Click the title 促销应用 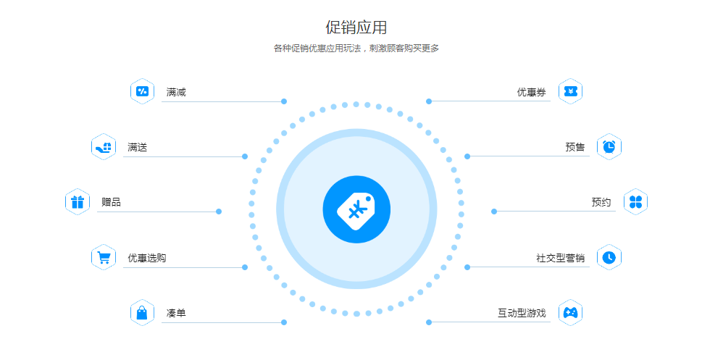click(x=356, y=28)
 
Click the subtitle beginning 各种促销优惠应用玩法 click(x=356, y=49)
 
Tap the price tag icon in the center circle click(x=356, y=209)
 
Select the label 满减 click(x=176, y=92)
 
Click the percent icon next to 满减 click(x=143, y=91)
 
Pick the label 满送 click(x=138, y=147)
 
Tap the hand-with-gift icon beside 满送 click(x=104, y=147)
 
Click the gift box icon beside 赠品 click(x=78, y=202)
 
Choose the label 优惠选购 click(x=147, y=258)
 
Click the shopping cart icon click(x=104, y=258)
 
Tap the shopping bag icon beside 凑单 click(x=142, y=312)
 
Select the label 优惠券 click(x=532, y=92)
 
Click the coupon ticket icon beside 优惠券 click(x=570, y=91)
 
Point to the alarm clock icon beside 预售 click(x=609, y=146)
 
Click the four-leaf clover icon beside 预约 click(x=636, y=202)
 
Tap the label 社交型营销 click(x=561, y=258)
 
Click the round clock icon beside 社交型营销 click(x=609, y=257)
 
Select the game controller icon click(x=570, y=312)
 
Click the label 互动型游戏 click(x=522, y=313)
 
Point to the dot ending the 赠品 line click(x=219, y=212)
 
